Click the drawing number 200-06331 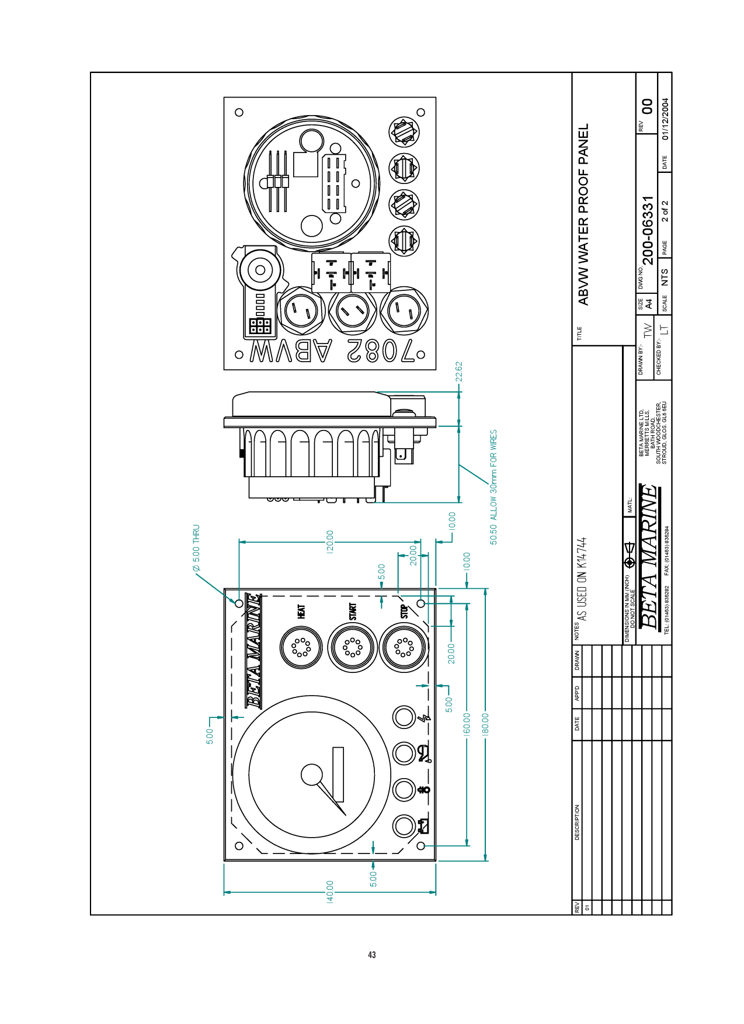pos(648,231)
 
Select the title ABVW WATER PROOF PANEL pos(583,214)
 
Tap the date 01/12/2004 pos(665,119)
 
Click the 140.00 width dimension pos(330,891)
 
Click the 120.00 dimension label pos(330,541)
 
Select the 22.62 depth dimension pos(459,372)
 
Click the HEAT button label pos(301,612)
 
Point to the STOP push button pos(404,647)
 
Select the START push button pos(353,647)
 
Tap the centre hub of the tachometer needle pos(311,775)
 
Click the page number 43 pos(372,955)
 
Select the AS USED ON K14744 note pos(581,579)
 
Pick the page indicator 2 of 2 pos(665,211)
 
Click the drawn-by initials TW pos(647,330)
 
